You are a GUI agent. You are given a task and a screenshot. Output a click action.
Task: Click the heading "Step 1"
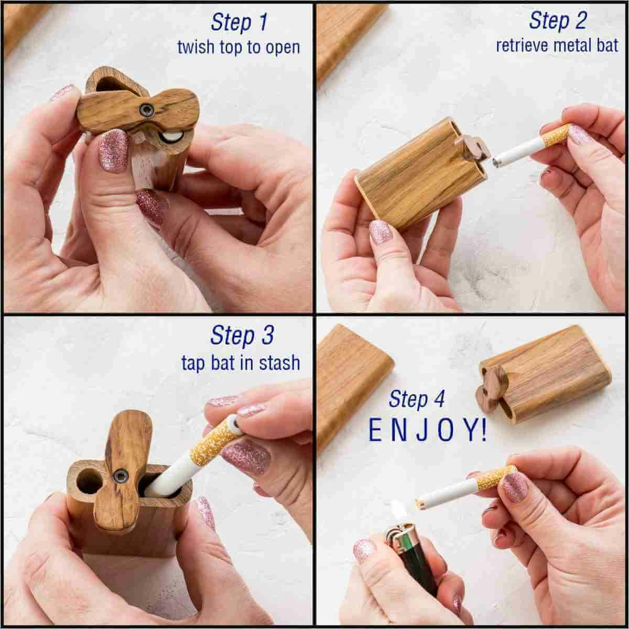point(239,23)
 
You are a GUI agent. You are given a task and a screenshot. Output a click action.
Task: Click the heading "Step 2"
point(558,21)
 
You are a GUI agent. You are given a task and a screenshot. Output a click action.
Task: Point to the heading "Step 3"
point(242,335)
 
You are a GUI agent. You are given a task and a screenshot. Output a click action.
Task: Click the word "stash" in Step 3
point(279,363)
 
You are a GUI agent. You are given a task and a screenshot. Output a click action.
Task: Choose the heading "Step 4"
point(417,399)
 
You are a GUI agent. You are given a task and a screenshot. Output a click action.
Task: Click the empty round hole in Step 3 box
point(88,482)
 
